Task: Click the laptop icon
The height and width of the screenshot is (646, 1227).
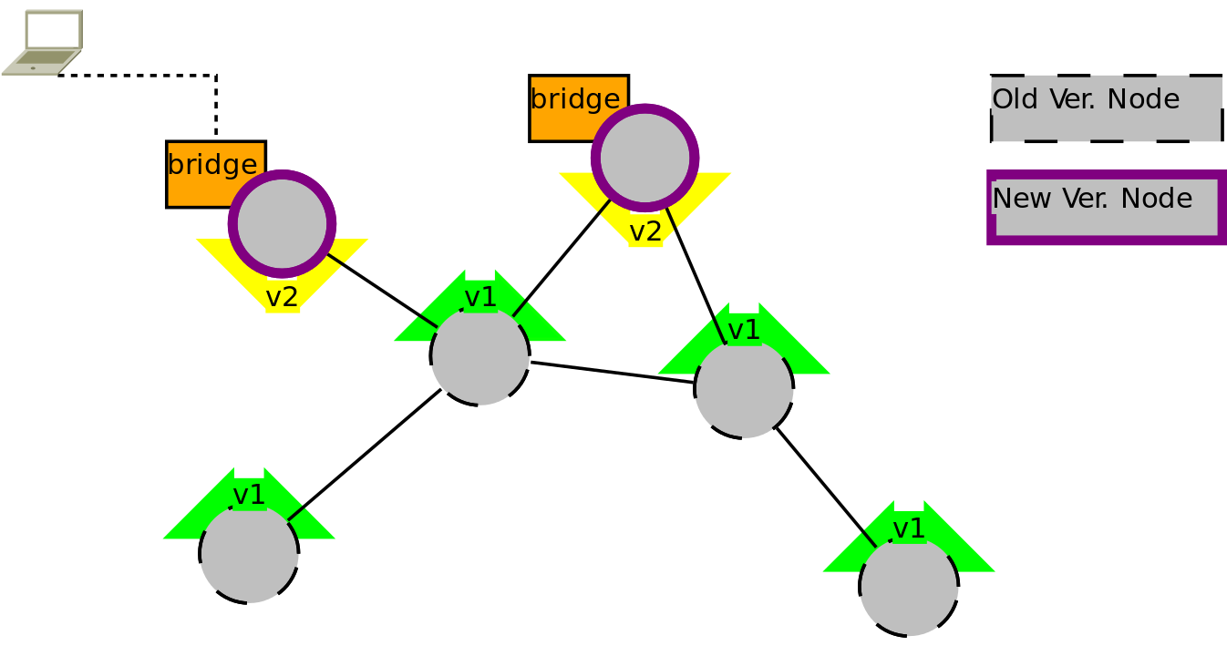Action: pos(43,43)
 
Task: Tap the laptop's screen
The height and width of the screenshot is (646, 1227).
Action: pos(54,29)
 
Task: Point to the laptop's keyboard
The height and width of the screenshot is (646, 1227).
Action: pos(47,56)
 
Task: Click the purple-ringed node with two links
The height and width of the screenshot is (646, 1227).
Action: pos(644,158)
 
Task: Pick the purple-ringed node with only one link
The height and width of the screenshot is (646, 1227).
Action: pos(282,224)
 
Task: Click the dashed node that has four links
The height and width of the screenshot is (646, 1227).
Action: pos(479,356)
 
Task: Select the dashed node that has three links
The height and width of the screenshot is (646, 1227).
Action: pos(744,389)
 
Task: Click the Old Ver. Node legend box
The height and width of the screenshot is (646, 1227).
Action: pos(1107,108)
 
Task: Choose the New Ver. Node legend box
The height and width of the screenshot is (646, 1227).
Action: pos(1107,208)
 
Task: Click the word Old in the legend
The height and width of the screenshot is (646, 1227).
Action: pos(1015,99)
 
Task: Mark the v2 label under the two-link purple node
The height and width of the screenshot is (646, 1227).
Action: pos(645,232)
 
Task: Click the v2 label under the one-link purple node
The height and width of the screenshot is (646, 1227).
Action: pos(282,298)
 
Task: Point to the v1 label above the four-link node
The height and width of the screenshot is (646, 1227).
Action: pos(480,297)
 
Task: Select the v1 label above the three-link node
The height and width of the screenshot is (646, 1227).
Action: pos(744,330)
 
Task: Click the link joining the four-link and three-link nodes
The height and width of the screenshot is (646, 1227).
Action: pos(613,373)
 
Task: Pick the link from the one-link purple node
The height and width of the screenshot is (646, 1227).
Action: pos(382,291)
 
